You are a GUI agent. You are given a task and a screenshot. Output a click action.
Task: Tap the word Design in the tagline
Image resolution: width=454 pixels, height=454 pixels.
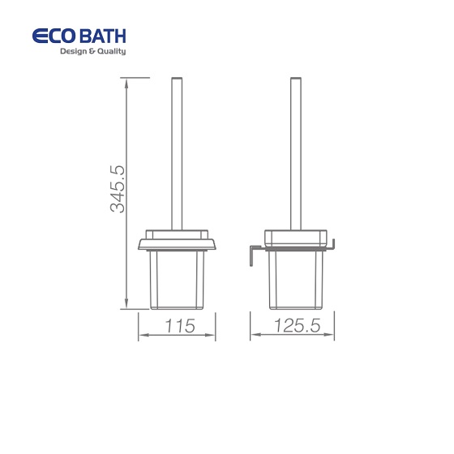(73, 52)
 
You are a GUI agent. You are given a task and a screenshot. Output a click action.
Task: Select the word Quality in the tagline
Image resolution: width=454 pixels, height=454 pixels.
(111, 52)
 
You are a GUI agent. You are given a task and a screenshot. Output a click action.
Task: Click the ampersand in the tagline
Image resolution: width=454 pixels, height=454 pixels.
(92, 51)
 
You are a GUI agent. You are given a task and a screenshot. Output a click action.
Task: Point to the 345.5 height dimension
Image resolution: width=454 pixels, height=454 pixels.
(118, 189)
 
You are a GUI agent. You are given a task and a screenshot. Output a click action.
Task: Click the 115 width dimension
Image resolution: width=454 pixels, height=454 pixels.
(180, 326)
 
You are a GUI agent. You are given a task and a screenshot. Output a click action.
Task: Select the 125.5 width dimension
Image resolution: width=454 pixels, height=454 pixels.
(298, 325)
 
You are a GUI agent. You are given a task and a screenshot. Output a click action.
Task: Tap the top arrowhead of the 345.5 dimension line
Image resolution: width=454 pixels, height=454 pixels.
(126, 84)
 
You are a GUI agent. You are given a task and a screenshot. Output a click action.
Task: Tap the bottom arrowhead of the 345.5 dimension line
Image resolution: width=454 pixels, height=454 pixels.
(126, 303)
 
